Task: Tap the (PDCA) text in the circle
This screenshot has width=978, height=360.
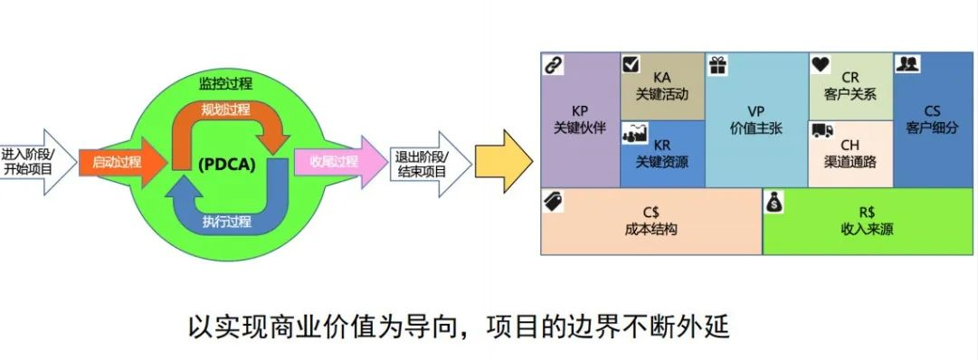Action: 226,164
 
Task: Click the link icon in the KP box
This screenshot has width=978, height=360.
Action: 552,64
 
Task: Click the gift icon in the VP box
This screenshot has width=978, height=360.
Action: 717,64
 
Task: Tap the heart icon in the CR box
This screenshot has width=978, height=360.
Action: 820,64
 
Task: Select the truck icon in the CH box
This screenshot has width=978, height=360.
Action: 821,131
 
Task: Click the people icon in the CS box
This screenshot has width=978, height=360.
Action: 907,63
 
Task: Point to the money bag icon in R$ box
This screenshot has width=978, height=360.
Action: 776,203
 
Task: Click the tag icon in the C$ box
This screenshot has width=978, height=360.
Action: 553,201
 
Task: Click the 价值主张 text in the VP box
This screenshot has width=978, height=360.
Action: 755,128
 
